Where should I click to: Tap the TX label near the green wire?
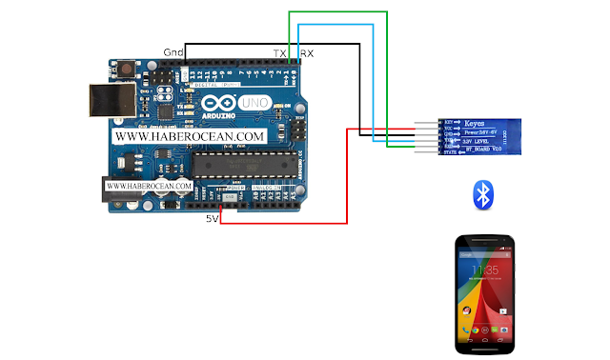coord(280,52)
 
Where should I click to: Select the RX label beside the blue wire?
coord(307,52)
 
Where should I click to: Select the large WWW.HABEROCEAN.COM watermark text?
coord(189,137)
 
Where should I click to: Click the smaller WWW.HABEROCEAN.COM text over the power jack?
coord(149,185)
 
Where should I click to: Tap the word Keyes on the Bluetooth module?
coord(476,124)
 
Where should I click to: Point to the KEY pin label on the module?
coord(451,124)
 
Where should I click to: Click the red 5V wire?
coord(347,181)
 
